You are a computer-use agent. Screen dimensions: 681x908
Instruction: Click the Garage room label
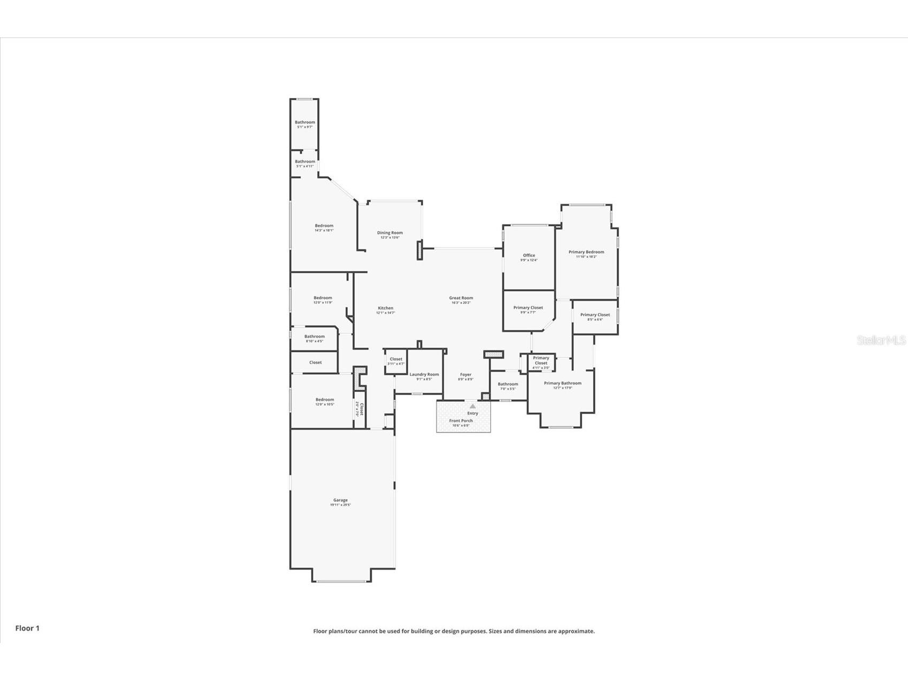tap(340, 501)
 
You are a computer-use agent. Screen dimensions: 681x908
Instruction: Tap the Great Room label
tap(461, 298)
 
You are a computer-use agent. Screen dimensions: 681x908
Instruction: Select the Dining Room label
tap(390, 233)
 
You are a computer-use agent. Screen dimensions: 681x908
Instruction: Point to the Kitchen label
tap(385, 308)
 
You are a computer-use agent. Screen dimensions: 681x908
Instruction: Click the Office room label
tap(529, 256)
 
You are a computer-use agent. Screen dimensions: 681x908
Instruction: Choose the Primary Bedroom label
tap(586, 252)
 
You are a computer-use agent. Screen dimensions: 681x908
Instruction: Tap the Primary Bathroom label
tap(562, 383)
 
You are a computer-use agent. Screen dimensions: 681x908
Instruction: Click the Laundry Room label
tap(424, 375)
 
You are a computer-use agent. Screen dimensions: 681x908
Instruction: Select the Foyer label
tap(466, 375)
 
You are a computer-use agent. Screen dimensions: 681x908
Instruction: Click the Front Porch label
tap(461, 421)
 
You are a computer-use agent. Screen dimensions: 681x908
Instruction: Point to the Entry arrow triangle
tap(472, 406)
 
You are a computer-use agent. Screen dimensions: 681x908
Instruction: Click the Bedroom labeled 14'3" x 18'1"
tap(324, 226)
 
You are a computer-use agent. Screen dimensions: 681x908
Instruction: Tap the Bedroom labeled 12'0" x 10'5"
tap(324, 400)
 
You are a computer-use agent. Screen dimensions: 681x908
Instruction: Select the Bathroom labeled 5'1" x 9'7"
tap(305, 123)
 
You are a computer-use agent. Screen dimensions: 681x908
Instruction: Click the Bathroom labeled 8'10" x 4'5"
tap(314, 337)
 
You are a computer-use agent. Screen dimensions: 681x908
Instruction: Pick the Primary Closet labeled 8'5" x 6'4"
tap(595, 315)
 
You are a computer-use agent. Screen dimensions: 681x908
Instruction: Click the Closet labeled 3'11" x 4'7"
tap(396, 360)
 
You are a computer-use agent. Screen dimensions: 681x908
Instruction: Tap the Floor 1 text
tap(27, 628)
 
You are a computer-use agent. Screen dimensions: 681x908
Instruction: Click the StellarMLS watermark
tap(881, 340)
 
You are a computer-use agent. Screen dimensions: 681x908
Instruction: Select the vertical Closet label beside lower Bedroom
tap(361, 410)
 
